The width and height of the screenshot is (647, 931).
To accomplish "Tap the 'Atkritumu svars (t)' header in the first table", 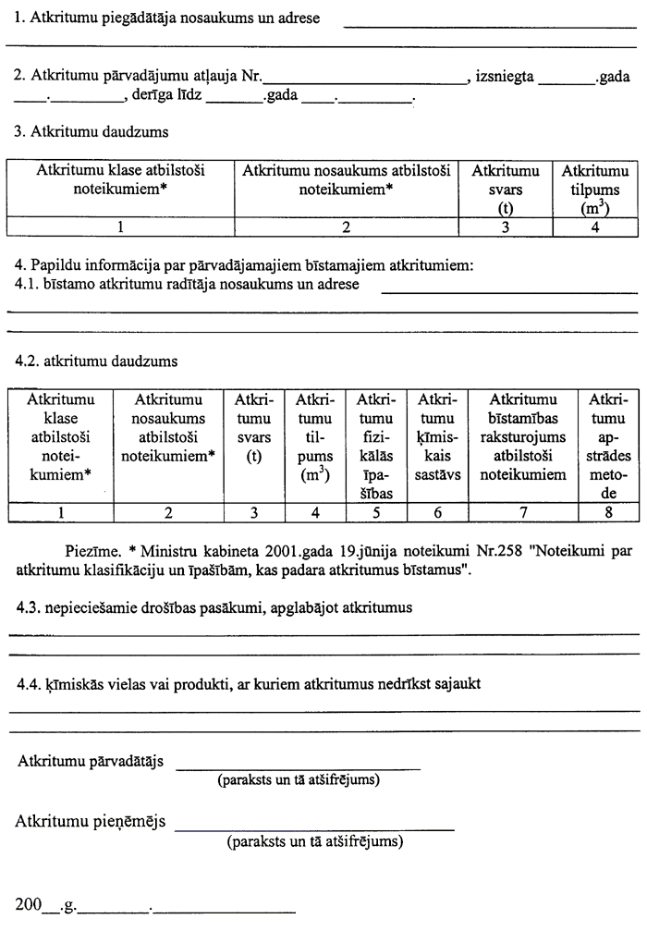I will [506, 190].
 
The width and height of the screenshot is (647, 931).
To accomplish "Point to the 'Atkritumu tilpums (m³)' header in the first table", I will [595, 190].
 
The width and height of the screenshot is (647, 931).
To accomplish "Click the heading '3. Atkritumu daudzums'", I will [91, 131].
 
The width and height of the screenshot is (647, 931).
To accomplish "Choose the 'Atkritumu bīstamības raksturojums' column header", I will [522, 437].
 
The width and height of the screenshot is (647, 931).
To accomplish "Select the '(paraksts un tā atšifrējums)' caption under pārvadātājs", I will [298, 780].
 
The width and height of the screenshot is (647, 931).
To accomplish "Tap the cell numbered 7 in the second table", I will [522, 511].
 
